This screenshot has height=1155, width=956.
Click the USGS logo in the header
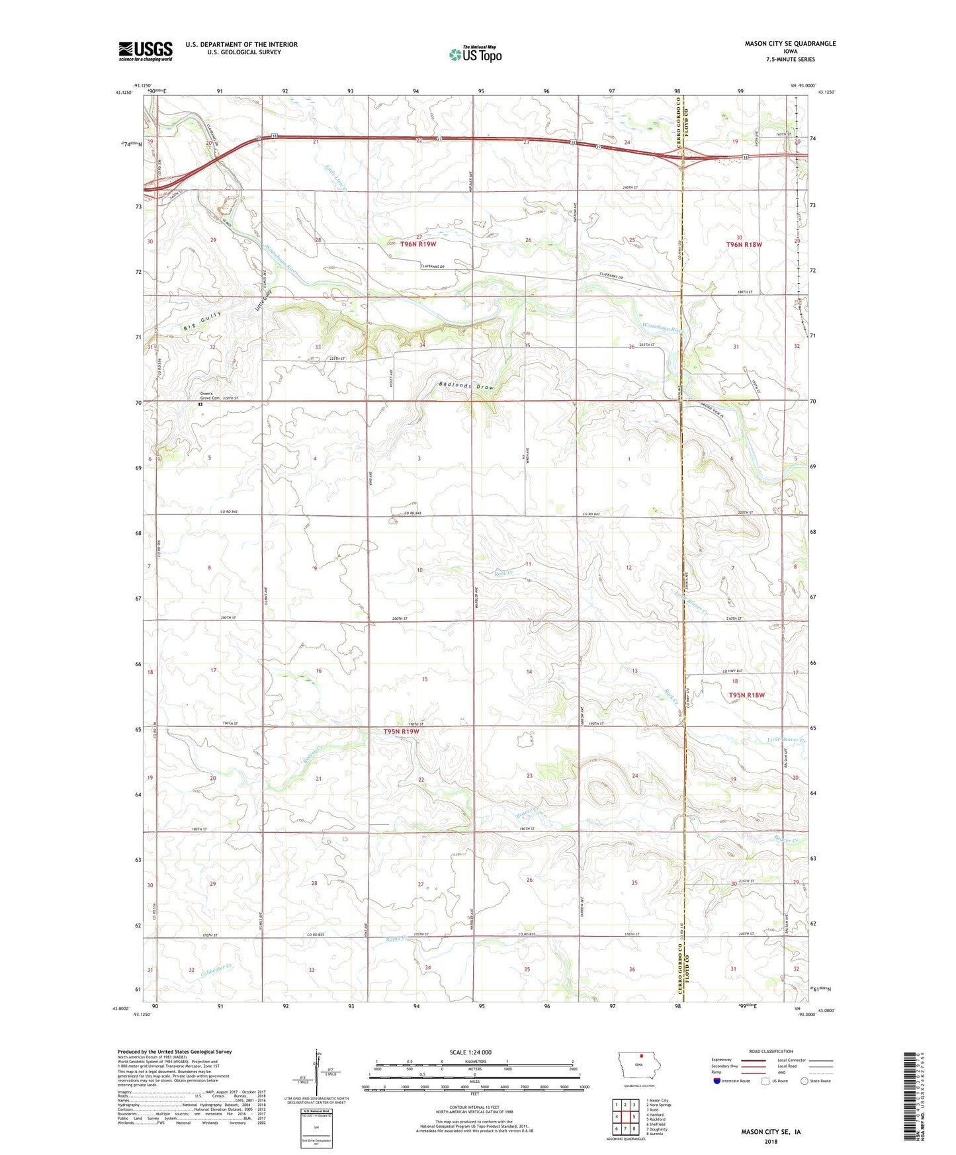click(x=146, y=51)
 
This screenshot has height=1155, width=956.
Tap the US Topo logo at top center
click(x=475, y=54)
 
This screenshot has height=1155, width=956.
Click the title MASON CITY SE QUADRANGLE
click(x=790, y=44)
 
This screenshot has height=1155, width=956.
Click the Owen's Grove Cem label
click(x=210, y=397)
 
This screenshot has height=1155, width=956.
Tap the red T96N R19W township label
click(x=418, y=244)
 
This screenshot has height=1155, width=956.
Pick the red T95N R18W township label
click(x=746, y=695)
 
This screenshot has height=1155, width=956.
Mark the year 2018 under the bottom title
click(x=771, y=1141)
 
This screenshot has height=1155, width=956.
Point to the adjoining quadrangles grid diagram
click(x=625, y=1114)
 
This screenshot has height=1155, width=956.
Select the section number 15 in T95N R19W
click(x=425, y=679)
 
